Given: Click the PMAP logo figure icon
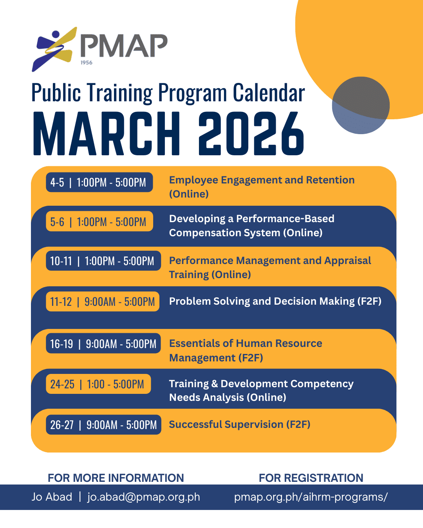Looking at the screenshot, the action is (x=54, y=49).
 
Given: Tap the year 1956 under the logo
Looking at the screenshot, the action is (x=87, y=63).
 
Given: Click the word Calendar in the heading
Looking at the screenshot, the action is (x=269, y=93).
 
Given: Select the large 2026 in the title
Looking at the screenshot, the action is (x=251, y=133).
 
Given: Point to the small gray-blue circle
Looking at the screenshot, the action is (x=361, y=105).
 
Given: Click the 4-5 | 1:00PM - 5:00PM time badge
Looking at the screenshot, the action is (x=99, y=182).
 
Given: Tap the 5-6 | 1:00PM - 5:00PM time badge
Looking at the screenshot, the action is (x=99, y=221).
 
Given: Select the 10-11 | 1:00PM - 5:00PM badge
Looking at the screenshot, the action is (x=103, y=260).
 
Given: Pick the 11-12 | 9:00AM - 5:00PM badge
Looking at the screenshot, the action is (x=103, y=301).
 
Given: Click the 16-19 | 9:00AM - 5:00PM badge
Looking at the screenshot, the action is (x=103, y=343).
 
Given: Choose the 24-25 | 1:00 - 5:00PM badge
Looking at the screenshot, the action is (x=98, y=384).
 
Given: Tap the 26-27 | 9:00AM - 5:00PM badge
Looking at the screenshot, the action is (x=103, y=425).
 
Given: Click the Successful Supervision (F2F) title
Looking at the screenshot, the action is (x=240, y=424).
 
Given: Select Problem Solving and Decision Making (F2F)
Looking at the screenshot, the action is (x=275, y=301).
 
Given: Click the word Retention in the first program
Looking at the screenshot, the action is (x=330, y=180).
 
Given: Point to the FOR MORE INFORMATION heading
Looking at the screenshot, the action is (x=116, y=478).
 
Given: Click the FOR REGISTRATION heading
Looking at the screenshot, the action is (x=311, y=478).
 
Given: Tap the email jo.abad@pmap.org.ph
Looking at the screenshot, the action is (x=143, y=497).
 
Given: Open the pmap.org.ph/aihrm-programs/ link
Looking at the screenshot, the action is (x=311, y=497).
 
